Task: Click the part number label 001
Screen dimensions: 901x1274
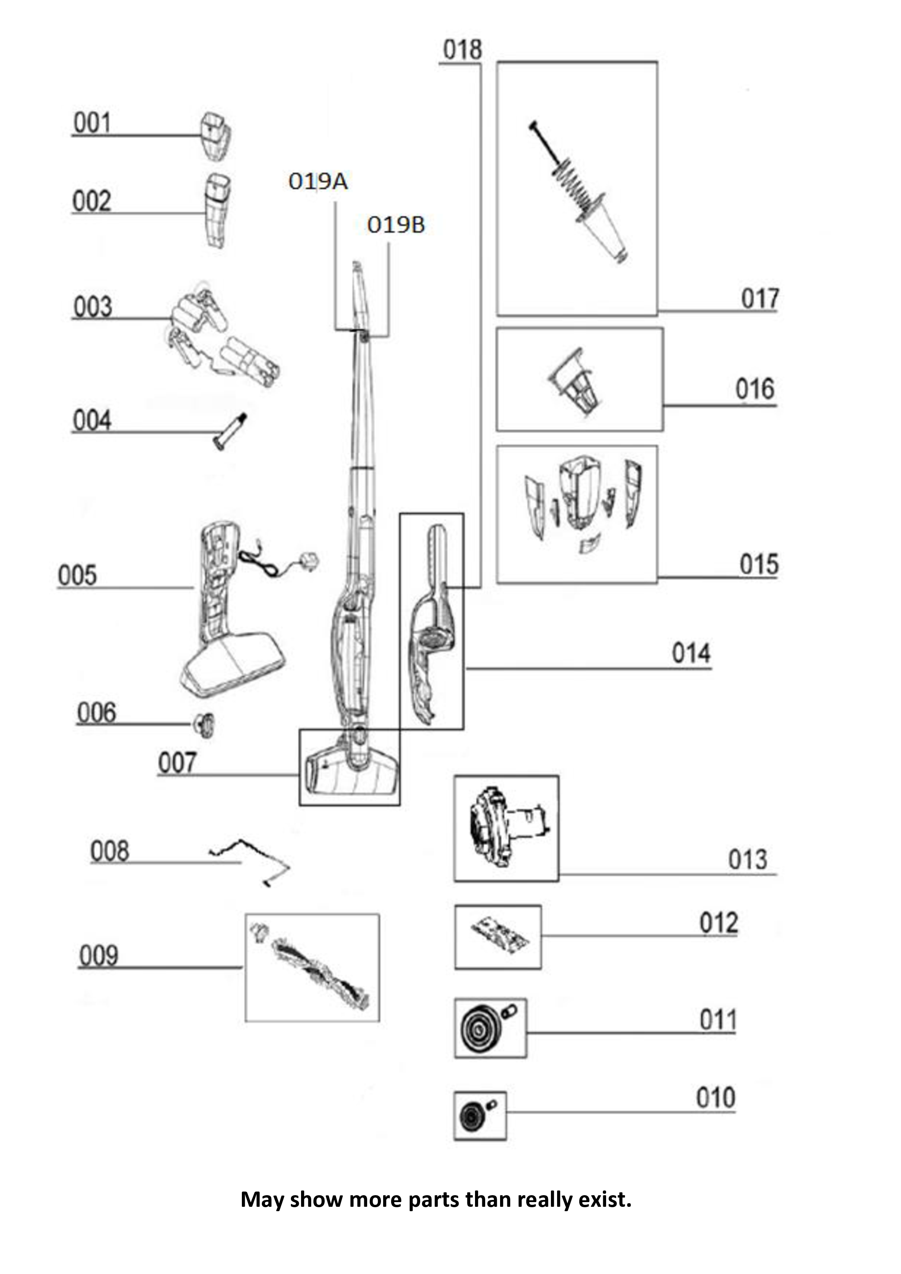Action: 92,123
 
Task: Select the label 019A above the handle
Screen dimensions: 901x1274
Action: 318,181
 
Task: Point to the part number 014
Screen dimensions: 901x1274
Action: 691,653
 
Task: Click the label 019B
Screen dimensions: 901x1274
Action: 395,225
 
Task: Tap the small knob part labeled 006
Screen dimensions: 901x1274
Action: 204,725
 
